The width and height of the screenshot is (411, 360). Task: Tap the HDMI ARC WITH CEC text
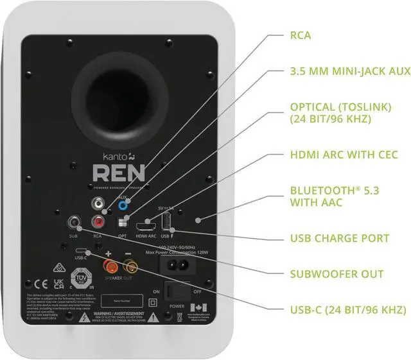344,155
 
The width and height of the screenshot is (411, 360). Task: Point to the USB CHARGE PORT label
340,238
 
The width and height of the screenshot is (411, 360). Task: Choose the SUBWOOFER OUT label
337,274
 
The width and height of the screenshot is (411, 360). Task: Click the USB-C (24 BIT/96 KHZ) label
347,310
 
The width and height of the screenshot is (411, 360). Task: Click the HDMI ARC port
145,227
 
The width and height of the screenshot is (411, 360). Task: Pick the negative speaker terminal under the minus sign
128,264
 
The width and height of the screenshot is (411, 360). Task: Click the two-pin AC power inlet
177,263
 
